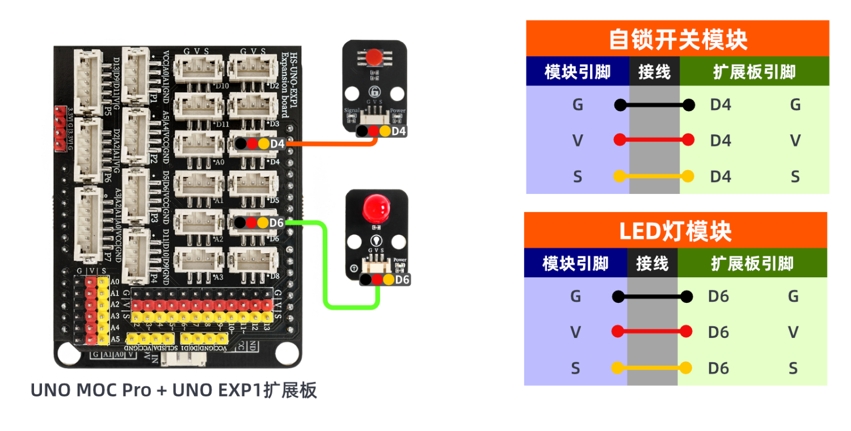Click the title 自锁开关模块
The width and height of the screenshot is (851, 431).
click(x=677, y=39)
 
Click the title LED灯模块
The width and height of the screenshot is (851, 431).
click(x=675, y=231)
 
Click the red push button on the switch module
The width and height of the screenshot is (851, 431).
click(x=373, y=57)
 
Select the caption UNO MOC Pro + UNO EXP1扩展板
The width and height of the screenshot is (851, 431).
click(x=174, y=391)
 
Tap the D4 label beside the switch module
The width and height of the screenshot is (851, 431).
click(x=399, y=132)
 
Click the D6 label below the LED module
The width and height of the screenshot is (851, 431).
click(x=402, y=280)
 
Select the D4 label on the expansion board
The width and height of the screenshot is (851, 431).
click(x=277, y=144)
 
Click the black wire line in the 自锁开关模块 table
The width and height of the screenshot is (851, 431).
click(x=655, y=105)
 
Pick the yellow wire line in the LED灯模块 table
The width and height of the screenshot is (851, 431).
click(x=652, y=368)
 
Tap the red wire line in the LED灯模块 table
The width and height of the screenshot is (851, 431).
click(x=652, y=332)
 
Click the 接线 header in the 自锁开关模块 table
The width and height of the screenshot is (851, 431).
click(x=654, y=71)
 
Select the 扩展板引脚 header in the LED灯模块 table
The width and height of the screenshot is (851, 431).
click(x=752, y=264)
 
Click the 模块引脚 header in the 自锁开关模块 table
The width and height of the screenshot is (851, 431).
click(x=578, y=71)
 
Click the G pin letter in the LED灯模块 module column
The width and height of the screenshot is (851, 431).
click(x=576, y=296)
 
